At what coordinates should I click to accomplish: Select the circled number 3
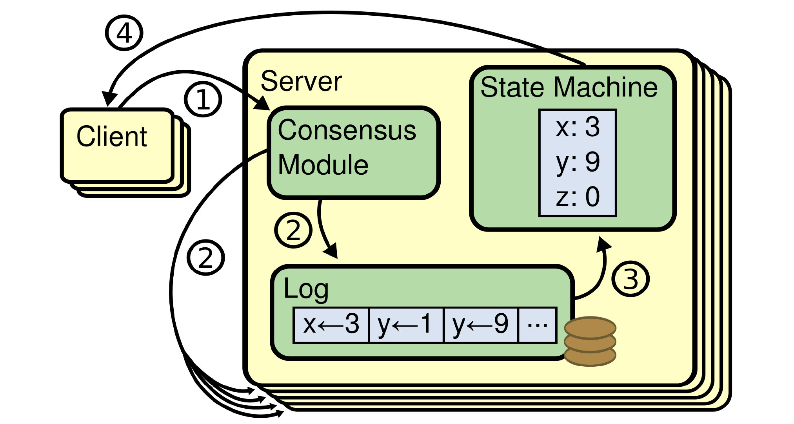click(630, 279)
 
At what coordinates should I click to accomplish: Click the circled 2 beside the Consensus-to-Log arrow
click(293, 230)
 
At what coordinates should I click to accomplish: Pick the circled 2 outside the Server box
click(206, 258)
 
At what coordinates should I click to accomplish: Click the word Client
click(112, 137)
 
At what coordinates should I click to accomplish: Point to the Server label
click(301, 82)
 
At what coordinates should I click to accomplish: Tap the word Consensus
click(347, 130)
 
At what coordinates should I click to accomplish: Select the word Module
click(323, 165)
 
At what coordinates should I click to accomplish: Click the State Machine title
click(569, 87)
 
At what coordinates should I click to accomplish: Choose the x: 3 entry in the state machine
click(578, 127)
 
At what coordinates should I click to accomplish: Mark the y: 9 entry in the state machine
click(578, 162)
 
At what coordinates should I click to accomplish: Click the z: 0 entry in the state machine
click(578, 197)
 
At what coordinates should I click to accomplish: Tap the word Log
click(306, 289)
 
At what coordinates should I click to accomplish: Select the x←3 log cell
click(331, 325)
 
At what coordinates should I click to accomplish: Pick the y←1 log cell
click(406, 325)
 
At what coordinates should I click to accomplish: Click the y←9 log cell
click(481, 325)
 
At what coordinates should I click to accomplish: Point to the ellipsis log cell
click(537, 325)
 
